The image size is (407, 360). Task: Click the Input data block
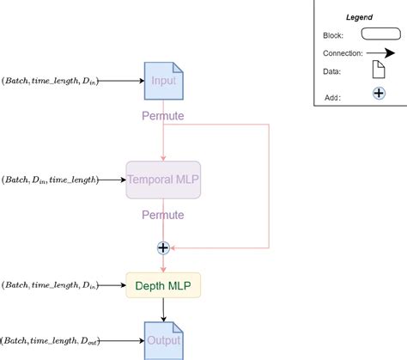pyautogui.click(x=163, y=81)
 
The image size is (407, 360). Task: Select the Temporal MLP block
pyautogui.click(x=163, y=180)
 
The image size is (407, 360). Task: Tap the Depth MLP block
pyautogui.click(x=163, y=284)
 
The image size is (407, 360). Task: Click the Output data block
pyautogui.click(x=163, y=340)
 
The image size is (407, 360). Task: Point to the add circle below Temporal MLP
pyautogui.click(x=163, y=248)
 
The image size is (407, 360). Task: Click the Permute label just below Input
pyautogui.click(x=163, y=113)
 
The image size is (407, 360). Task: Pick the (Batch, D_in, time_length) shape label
pyautogui.click(x=49, y=180)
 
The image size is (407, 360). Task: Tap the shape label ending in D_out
pyautogui.click(x=50, y=341)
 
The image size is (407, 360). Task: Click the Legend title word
pyautogui.click(x=359, y=17)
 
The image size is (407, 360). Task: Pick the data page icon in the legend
pyautogui.click(x=379, y=74)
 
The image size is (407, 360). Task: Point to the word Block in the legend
pyautogui.click(x=334, y=34)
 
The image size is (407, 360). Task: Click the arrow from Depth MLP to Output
pyautogui.click(x=163, y=309)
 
